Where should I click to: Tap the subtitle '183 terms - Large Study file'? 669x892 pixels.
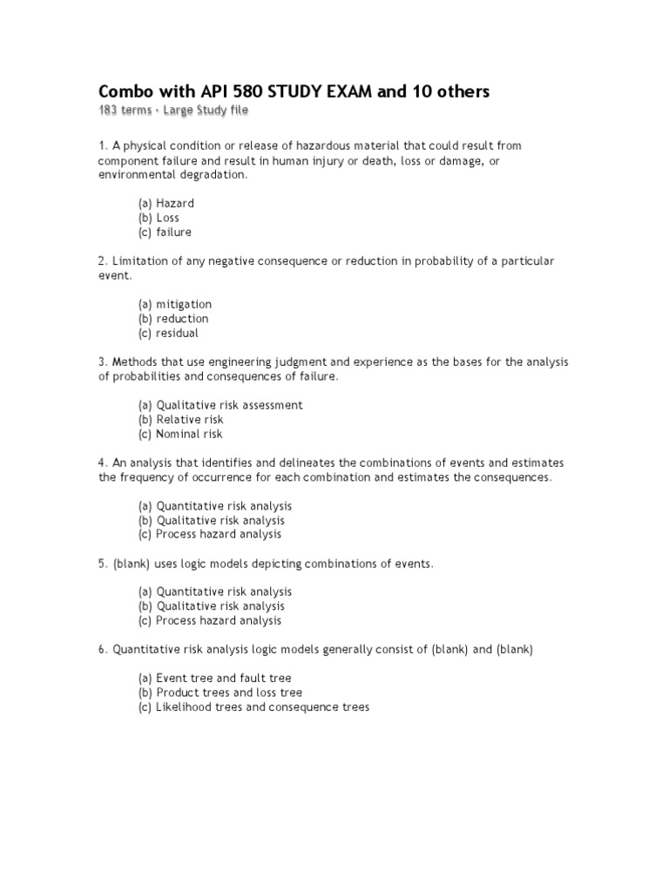[x=178, y=111]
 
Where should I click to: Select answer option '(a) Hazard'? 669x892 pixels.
[x=166, y=203]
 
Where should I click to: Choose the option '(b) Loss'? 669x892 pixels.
[x=159, y=218]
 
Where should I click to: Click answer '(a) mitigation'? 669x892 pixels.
[x=174, y=304]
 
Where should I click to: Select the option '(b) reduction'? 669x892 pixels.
[x=172, y=319]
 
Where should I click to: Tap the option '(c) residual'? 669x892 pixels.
[x=168, y=333]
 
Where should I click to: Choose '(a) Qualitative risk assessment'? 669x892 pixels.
[x=220, y=405]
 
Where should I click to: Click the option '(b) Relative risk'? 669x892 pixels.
[x=180, y=419]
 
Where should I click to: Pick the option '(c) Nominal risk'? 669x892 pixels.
[x=180, y=434]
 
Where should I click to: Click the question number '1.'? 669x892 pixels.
[x=103, y=145]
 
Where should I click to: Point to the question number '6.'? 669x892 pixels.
[x=103, y=649]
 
